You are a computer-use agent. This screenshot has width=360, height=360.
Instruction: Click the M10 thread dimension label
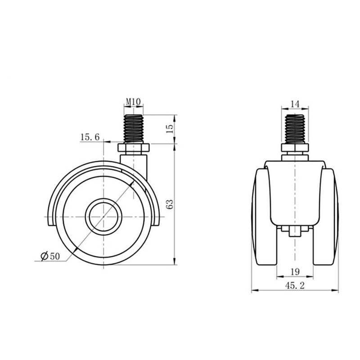click(x=133, y=102)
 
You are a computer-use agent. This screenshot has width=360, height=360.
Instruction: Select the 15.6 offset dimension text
click(x=90, y=137)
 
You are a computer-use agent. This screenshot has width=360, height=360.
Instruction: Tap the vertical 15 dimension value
click(x=170, y=128)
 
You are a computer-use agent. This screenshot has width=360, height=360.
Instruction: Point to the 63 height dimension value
click(x=170, y=205)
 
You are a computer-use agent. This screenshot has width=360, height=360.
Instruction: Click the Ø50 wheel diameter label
click(x=50, y=256)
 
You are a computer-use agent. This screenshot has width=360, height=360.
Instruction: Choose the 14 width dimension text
click(x=295, y=103)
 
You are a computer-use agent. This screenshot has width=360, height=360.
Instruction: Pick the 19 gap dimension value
click(x=295, y=271)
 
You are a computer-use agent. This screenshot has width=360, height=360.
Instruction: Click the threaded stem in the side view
click(x=133, y=129)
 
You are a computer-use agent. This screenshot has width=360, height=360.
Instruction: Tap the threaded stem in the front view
click(x=295, y=129)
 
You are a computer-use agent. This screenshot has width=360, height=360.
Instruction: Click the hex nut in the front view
click(x=295, y=148)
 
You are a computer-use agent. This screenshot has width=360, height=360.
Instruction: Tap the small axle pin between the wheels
click(x=295, y=233)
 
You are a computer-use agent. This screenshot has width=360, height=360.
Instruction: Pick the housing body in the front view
click(x=295, y=193)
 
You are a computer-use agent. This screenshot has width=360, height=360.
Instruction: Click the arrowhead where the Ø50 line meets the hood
click(x=132, y=184)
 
